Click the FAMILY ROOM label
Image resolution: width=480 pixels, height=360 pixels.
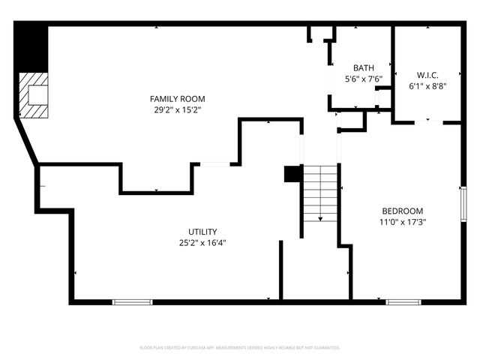click(177, 99)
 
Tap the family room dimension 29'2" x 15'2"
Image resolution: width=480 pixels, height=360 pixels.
click(177, 109)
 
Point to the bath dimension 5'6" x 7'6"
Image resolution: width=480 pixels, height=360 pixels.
click(364, 78)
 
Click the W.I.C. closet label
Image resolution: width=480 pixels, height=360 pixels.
click(427, 75)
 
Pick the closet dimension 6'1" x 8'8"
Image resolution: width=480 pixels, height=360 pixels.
click(427, 85)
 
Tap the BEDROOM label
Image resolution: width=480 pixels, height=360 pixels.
click(402, 211)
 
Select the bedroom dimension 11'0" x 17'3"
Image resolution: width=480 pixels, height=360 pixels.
click(402, 221)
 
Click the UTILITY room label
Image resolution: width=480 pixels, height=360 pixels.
click(202, 232)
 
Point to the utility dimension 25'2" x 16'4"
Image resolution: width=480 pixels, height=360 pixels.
click(202, 242)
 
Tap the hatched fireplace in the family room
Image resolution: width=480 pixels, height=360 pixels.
click(34, 95)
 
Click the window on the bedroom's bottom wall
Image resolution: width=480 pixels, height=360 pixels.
click(403, 301)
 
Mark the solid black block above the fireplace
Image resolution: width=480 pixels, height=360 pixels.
click(31, 46)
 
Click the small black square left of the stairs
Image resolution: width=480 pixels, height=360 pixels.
click(292, 174)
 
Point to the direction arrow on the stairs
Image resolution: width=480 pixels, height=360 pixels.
click(321, 217)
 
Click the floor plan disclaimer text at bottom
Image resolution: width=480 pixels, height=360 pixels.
click(240, 348)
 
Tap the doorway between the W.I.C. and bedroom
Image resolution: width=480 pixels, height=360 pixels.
click(427, 121)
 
